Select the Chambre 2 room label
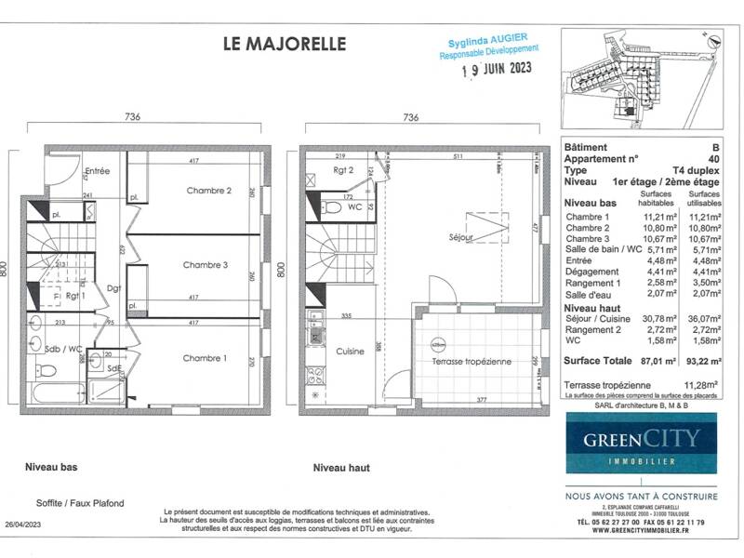[208, 192]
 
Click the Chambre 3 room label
[205, 264]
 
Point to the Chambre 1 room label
[205, 358]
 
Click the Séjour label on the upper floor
[459, 238]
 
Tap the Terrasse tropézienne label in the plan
[469, 361]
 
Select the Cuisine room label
[350, 352]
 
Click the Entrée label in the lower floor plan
[98, 172]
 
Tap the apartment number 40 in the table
[712, 159]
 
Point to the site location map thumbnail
[641, 83]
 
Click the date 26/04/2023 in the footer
[23, 525]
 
